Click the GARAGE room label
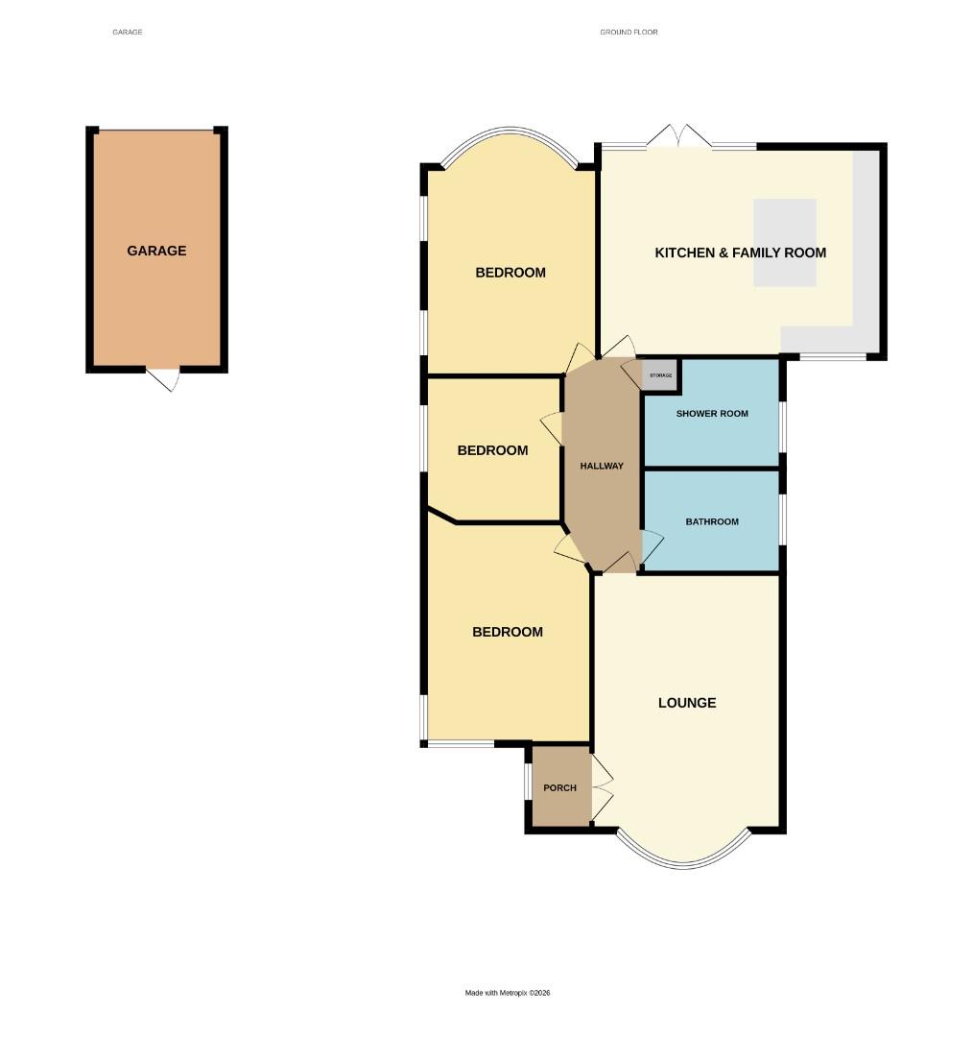point(156,251)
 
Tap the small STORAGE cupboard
point(660,374)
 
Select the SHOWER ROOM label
point(712,414)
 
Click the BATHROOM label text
point(712,522)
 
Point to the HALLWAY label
point(602,466)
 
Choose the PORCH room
point(560,787)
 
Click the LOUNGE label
point(687,703)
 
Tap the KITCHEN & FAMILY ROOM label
point(740,253)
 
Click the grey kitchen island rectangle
point(785,242)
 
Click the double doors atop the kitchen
point(678,136)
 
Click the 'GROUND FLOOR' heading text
point(629,33)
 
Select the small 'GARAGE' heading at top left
point(128,33)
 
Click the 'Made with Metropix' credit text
point(508,993)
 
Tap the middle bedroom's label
point(492,450)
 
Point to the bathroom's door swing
point(651,546)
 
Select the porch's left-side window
point(527,783)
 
